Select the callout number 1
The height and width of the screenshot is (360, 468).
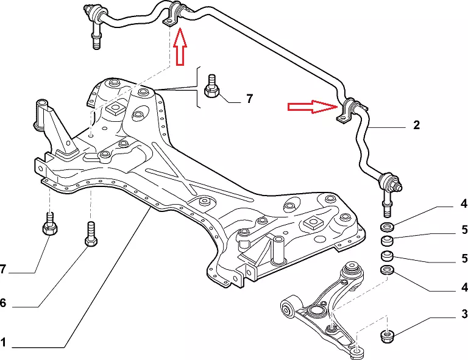click(4, 343)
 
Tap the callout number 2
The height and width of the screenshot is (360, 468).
click(416, 126)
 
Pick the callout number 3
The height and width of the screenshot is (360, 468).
click(464, 314)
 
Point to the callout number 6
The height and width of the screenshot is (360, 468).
click(3, 303)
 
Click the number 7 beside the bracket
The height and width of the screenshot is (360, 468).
click(249, 98)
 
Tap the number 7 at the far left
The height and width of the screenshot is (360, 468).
click(3, 269)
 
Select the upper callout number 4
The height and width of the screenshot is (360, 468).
click(464, 204)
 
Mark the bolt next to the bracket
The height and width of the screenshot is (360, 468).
click(212, 86)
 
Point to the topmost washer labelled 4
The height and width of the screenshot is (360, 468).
click(386, 227)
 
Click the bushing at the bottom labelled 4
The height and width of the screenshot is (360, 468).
click(386, 269)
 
